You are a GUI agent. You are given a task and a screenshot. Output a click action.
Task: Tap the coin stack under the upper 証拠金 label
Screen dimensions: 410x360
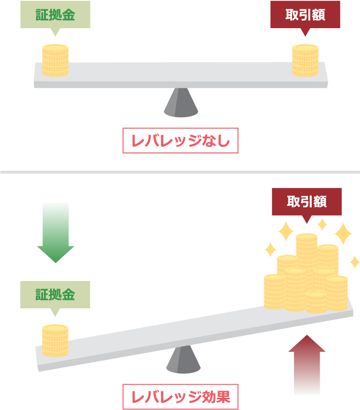pyautogui.click(x=55, y=61)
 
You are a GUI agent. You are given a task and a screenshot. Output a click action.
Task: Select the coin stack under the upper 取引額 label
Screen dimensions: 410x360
pyautogui.click(x=305, y=61)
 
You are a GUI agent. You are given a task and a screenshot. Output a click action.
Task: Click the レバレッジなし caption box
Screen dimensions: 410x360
pyautogui.click(x=180, y=141)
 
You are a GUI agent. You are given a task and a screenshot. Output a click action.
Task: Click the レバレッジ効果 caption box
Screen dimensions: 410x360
pyautogui.click(x=180, y=397)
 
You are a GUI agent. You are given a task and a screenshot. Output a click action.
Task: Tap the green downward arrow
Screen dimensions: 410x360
pyautogui.click(x=56, y=232)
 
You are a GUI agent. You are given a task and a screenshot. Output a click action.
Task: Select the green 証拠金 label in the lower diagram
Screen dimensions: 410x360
pyautogui.click(x=55, y=295)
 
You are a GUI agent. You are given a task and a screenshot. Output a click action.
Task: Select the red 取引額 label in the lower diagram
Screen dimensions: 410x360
pyautogui.click(x=307, y=202)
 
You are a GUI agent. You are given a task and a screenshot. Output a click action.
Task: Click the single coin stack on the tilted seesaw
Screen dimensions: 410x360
pyautogui.click(x=55, y=341)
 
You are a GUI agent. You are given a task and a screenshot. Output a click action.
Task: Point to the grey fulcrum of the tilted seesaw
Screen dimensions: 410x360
pyautogui.click(x=183, y=361)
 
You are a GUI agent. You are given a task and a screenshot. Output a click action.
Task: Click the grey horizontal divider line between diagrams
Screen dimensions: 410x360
pyautogui.click(x=180, y=173)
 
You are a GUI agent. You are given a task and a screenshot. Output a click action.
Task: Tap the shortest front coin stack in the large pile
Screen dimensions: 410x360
pyautogui.click(x=316, y=303)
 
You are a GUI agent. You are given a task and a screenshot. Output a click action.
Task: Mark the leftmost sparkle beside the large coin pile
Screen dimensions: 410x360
pyautogui.click(x=270, y=249)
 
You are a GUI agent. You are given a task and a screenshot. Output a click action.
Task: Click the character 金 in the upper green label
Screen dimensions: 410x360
pyautogui.click(x=68, y=15)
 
